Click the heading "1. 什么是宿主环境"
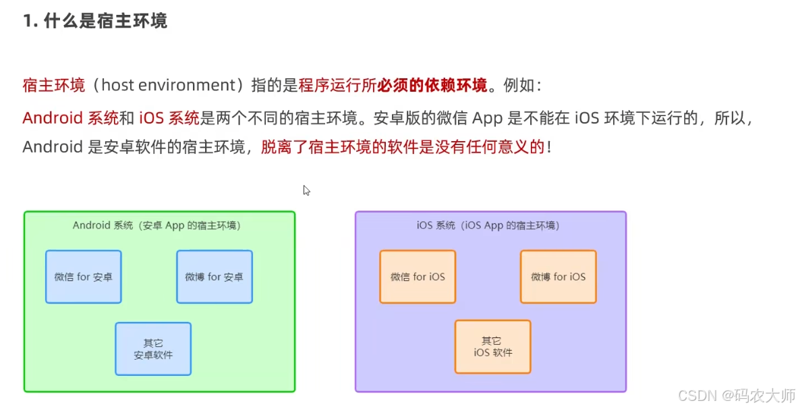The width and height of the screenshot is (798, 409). point(95,22)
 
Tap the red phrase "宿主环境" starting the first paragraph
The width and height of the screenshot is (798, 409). point(54,86)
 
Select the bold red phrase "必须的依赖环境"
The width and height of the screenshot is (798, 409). point(432,86)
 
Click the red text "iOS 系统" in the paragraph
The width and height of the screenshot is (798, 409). point(169,118)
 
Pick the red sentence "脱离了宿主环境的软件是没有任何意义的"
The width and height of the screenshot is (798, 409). point(403,148)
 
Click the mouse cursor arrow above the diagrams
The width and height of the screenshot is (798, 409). point(306,190)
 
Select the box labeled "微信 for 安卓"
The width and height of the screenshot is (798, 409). point(84,277)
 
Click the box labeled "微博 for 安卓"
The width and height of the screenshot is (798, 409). point(215,277)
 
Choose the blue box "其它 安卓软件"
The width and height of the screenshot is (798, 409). point(153,349)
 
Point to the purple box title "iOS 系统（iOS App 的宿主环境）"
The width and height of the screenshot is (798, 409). point(488,226)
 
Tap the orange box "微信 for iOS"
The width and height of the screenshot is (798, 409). point(418,277)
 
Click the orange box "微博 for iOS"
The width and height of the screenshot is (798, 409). point(558,277)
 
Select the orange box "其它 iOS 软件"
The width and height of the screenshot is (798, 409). point(492,347)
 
